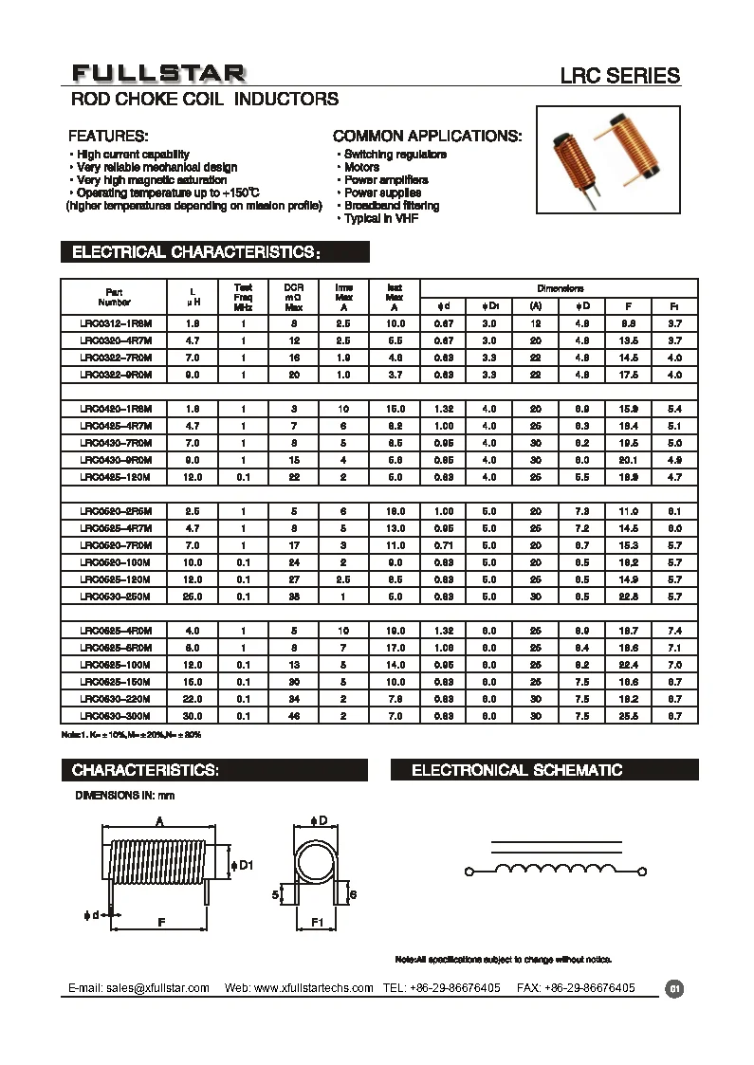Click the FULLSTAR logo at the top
159,74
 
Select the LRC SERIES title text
622,76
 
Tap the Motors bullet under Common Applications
361,167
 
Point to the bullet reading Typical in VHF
380,219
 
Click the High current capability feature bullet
133,155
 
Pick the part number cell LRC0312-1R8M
115,323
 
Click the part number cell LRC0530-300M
115,715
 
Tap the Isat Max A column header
394,296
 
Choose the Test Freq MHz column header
243,296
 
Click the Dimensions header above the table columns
560,288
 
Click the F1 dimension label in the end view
318,921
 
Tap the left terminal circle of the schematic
469,871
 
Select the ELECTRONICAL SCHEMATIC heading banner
517,770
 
